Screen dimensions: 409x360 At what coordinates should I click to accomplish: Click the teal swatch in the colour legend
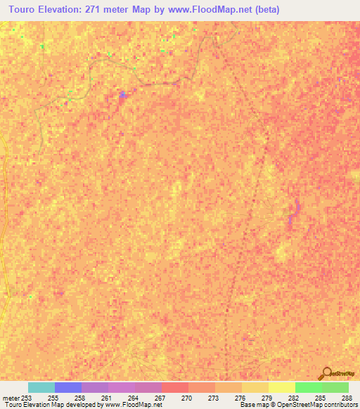coord(41,387)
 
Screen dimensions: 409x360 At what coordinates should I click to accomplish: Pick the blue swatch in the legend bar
coord(68,387)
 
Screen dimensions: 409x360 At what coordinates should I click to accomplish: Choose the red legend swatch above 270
coord(175,387)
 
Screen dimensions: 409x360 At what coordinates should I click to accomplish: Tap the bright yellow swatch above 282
coord(282,387)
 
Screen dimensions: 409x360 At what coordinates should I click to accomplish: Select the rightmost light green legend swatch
coord(335,387)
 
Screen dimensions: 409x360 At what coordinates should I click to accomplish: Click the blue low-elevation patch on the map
coord(123,95)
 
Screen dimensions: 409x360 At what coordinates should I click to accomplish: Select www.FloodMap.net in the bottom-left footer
coord(127,405)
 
